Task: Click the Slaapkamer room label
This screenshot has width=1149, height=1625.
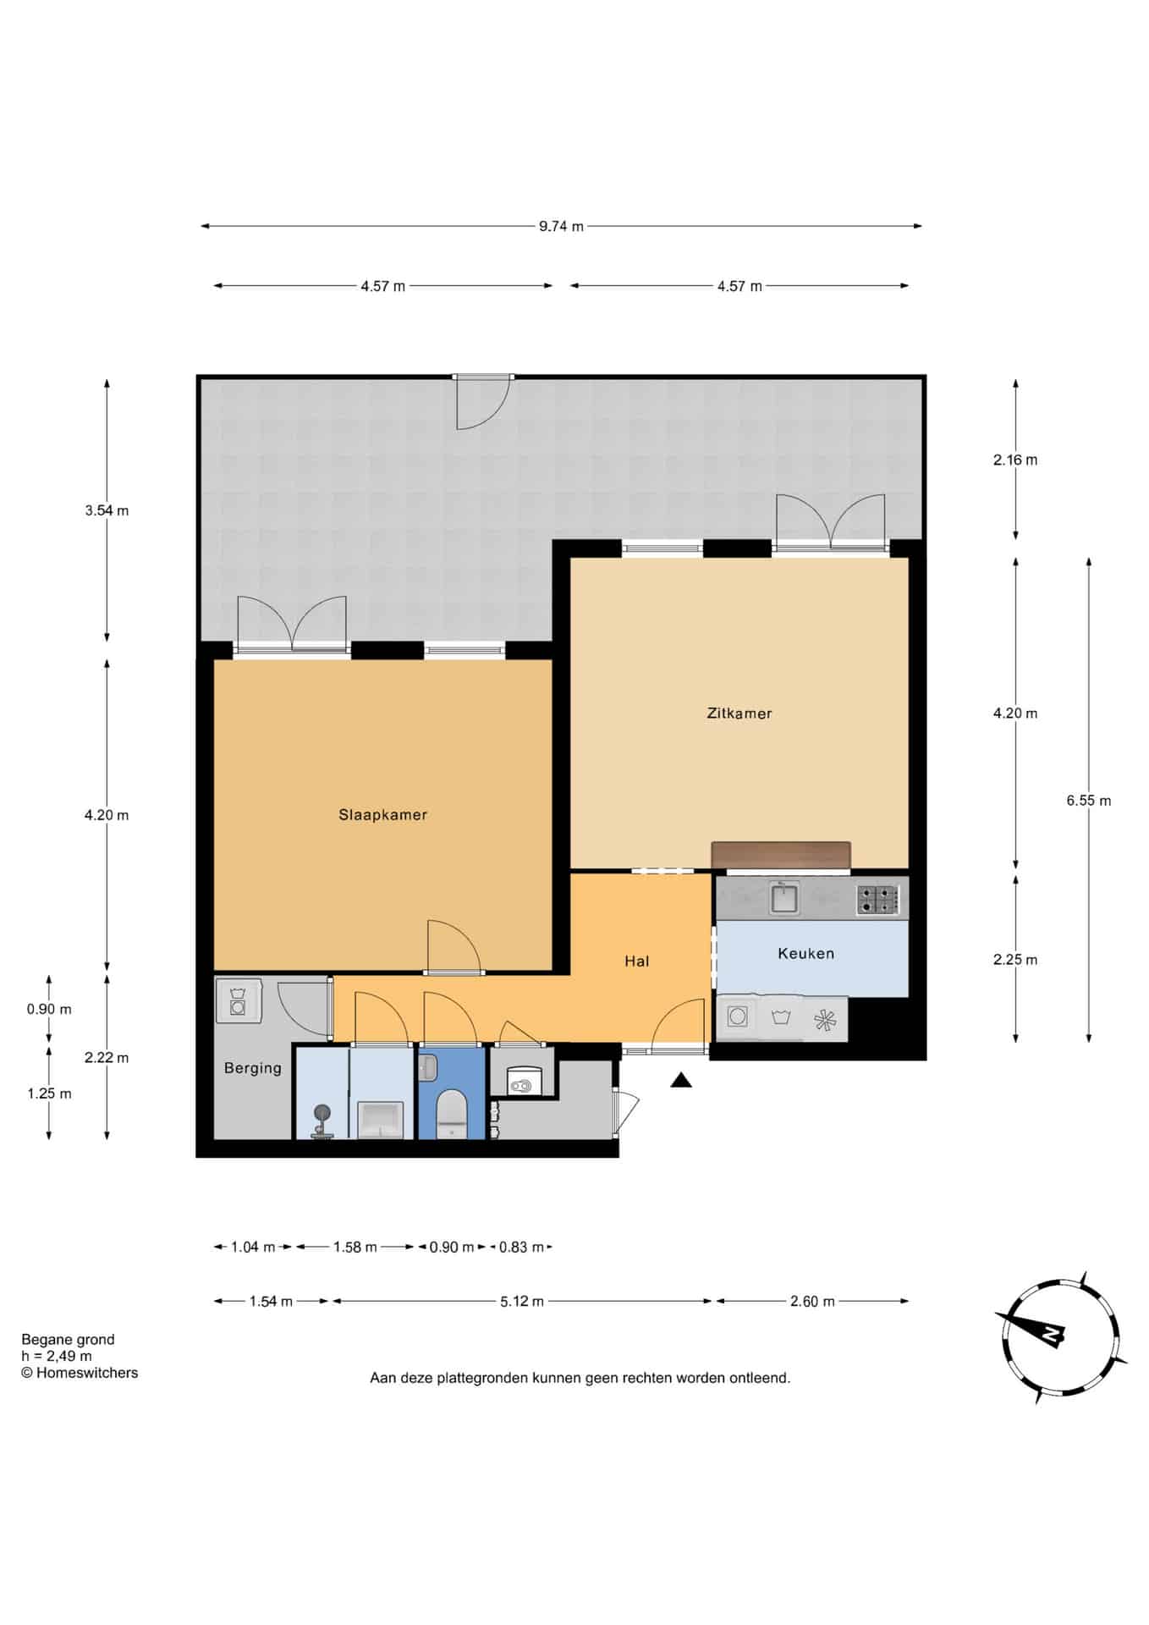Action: [382, 815]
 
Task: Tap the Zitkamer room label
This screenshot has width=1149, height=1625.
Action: [739, 713]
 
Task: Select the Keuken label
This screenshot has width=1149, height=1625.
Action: [805, 954]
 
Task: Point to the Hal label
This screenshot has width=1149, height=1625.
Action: [637, 961]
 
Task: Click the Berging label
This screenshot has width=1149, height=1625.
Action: [253, 1068]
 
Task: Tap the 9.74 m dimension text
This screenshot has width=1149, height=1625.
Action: [561, 227]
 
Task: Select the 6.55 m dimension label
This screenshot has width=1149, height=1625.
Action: [1089, 801]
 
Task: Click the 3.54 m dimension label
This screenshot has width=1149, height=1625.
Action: [107, 511]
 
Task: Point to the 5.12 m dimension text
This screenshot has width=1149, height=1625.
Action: [521, 1302]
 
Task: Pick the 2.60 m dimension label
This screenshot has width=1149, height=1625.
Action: [812, 1302]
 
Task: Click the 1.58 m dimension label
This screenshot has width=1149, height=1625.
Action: [355, 1248]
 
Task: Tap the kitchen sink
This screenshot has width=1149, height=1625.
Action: [784, 897]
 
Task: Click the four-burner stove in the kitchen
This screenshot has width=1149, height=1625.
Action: [877, 900]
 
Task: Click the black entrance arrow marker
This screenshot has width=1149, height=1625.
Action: [682, 1080]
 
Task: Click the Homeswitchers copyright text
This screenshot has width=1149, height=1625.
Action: [80, 1373]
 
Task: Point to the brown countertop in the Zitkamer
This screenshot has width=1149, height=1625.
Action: [781, 855]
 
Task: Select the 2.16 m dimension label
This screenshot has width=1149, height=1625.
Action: [1015, 460]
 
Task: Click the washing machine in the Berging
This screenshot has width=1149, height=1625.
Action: [238, 1000]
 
